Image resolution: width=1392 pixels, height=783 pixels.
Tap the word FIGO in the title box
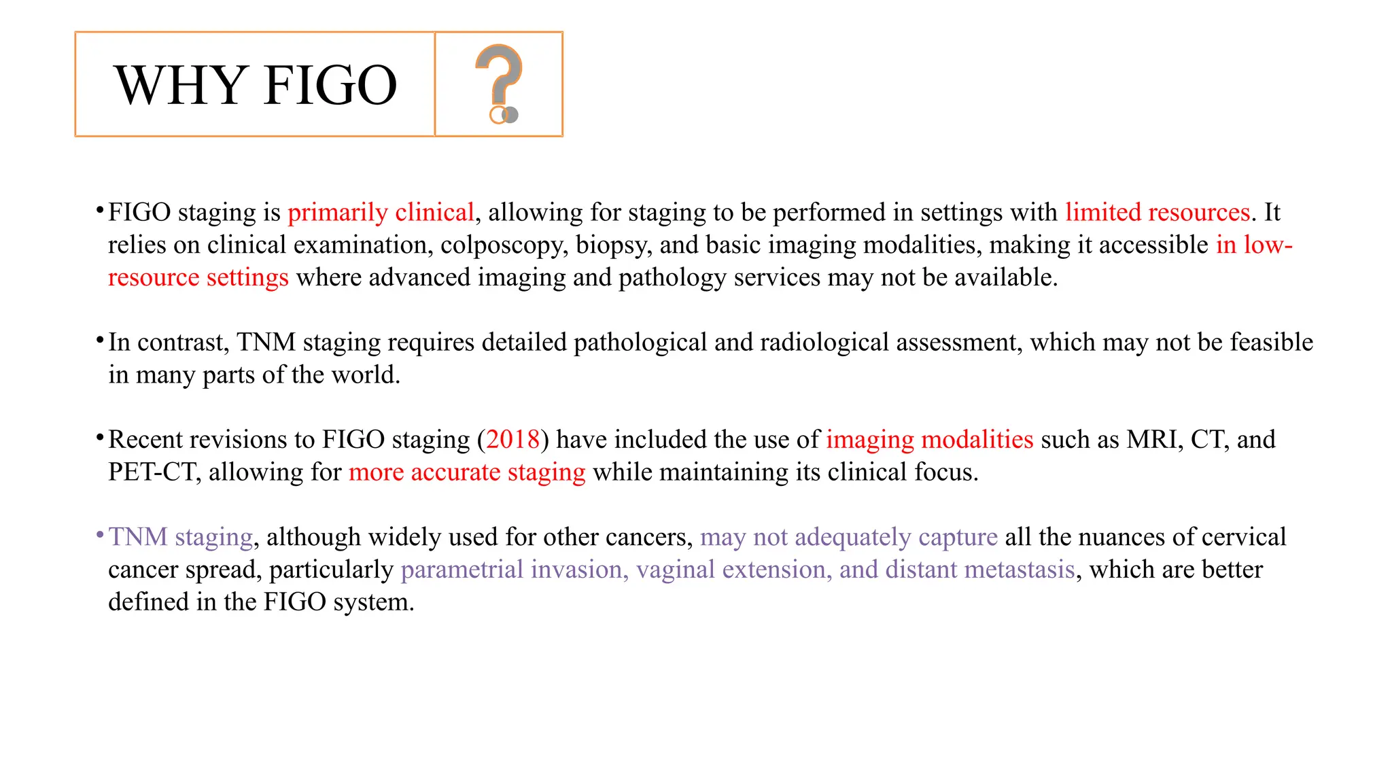pos(330,86)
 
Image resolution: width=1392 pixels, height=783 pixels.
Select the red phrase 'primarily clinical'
pos(381,213)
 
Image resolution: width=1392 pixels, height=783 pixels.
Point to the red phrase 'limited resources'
pos(1158,213)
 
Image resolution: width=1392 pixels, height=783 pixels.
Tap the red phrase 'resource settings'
pos(198,278)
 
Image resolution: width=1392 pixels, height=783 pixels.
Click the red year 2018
pos(513,440)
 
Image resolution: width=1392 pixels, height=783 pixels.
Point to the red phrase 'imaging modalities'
pos(929,440)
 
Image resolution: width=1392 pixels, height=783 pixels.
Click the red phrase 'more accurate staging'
pos(467,472)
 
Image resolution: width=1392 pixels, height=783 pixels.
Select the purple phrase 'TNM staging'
pos(181,537)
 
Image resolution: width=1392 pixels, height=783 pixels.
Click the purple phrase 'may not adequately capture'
pos(849,537)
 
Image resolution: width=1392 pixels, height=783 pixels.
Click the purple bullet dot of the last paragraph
pos(100,534)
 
